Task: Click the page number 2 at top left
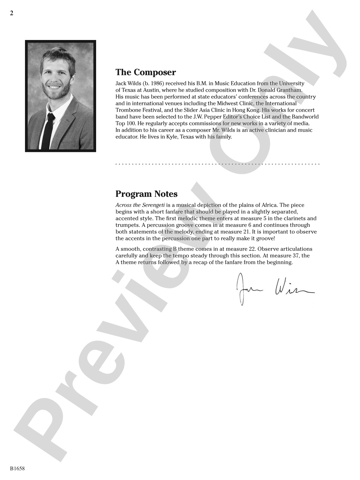point(12,13)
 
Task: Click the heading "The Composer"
point(146,72)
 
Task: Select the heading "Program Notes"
point(146,194)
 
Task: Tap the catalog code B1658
point(17,469)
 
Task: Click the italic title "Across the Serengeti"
point(140,205)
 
